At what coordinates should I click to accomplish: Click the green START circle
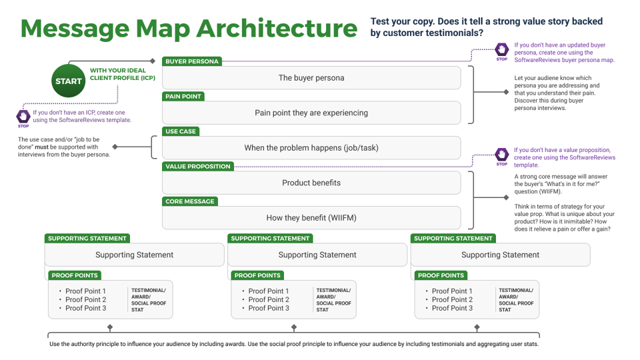pyautogui.click(x=68, y=81)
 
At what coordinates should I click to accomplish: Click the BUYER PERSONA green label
pyautogui.click(x=191, y=61)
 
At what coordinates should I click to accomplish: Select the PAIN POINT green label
pyautogui.click(x=183, y=97)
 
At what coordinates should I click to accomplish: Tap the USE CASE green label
pyautogui.click(x=181, y=131)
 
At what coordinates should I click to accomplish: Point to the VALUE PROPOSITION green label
pyautogui.click(x=198, y=167)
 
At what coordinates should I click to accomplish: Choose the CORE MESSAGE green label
pyautogui.click(x=190, y=201)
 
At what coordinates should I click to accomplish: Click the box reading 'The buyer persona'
pyautogui.click(x=311, y=78)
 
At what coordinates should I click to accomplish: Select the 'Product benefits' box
pyautogui.click(x=311, y=183)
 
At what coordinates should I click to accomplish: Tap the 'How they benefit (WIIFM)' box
pyautogui.click(x=311, y=218)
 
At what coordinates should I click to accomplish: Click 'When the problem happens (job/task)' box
pyautogui.click(x=311, y=148)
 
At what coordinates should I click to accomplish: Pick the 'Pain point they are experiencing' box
pyautogui.click(x=311, y=113)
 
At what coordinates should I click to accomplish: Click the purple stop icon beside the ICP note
pyautogui.click(x=23, y=117)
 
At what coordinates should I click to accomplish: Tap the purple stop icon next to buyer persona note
pyautogui.click(x=501, y=50)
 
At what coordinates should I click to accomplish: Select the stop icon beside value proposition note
pyautogui.click(x=501, y=155)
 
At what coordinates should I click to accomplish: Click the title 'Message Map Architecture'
pyautogui.click(x=189, y=29)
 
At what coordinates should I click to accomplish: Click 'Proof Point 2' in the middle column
pyautogui.click(x=269, y=299)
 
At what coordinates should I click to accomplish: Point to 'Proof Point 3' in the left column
pyautogui.click(x=86, y=308)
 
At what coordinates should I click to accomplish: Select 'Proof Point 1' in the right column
pyautogui.click(x=452, y=291)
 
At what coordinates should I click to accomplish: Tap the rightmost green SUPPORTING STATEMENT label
pyautogui.click(x=453, y=239)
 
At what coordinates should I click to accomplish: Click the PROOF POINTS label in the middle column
pyautogui.click(x=257, y=275)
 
